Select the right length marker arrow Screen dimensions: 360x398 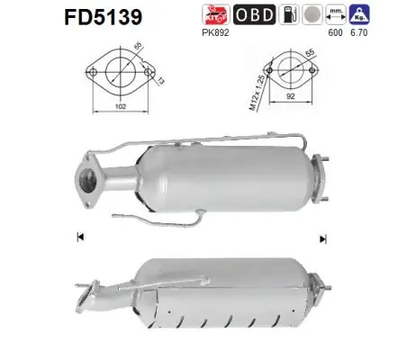click(x=321, y=238)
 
